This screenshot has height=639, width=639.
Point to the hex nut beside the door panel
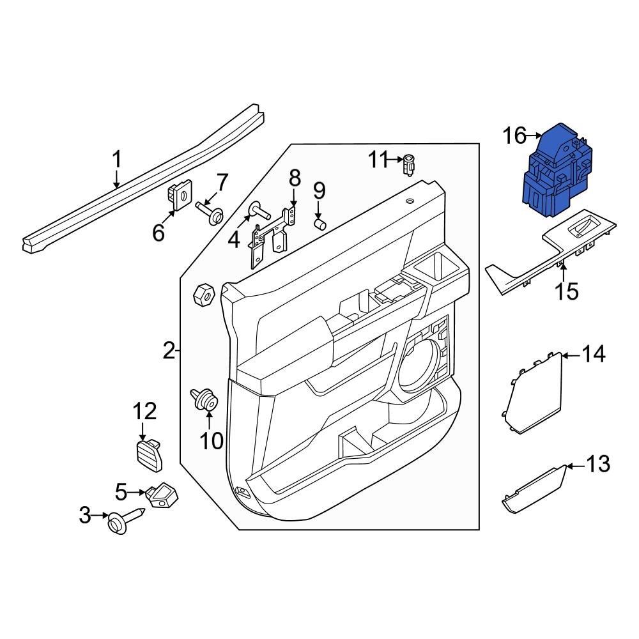pos(203,295)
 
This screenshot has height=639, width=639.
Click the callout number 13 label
pos(598,465)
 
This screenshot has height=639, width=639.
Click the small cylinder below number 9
pos(320,224)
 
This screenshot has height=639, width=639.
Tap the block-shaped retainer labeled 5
pos(164,495)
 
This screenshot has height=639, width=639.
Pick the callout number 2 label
pos(168,350)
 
